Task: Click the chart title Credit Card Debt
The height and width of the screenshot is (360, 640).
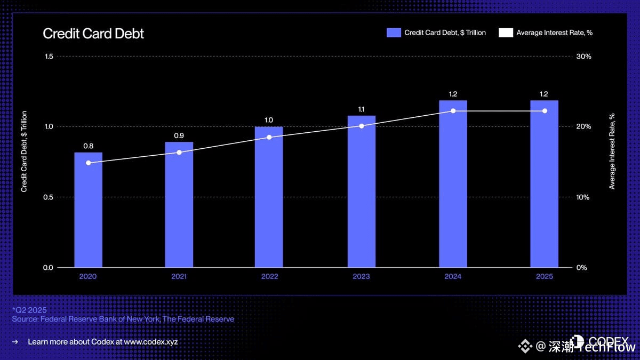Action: click(93, 33)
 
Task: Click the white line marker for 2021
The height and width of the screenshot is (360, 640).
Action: click(179, 153)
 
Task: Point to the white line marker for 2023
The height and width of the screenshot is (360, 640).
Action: click(362, 126)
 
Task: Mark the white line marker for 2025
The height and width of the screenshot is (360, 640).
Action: click(545, 111)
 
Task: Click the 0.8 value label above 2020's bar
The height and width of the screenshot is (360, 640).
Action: click(88, 146)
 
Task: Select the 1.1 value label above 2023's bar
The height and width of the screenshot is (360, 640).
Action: click(362, 109)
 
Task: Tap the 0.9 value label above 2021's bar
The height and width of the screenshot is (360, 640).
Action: click(179, 135)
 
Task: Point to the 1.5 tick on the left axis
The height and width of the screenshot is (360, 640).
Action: click(48, 57)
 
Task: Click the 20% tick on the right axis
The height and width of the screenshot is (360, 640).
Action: click(584, 127)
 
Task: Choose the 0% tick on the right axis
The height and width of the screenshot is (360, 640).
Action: click(582, 268)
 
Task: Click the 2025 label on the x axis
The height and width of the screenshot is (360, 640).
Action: click(545, 277)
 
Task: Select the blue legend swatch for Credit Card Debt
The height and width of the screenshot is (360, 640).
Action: click(394, 33)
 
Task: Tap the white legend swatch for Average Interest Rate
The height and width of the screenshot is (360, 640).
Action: click(506, 33)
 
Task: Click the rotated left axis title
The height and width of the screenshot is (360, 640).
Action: click(24, 151)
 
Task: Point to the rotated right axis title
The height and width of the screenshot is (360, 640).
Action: click(612, 151)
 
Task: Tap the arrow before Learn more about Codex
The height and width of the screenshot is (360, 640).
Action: click(15, 341)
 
